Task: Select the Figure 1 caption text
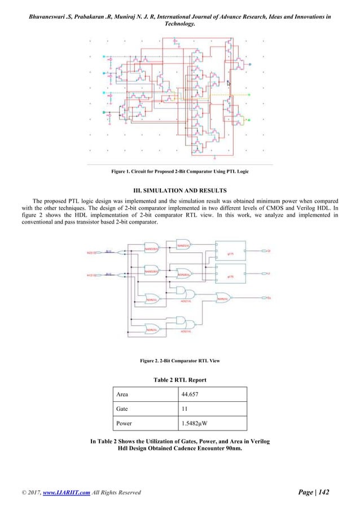point(180,171)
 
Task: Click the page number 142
point(324,494)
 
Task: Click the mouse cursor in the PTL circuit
point(229,83)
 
